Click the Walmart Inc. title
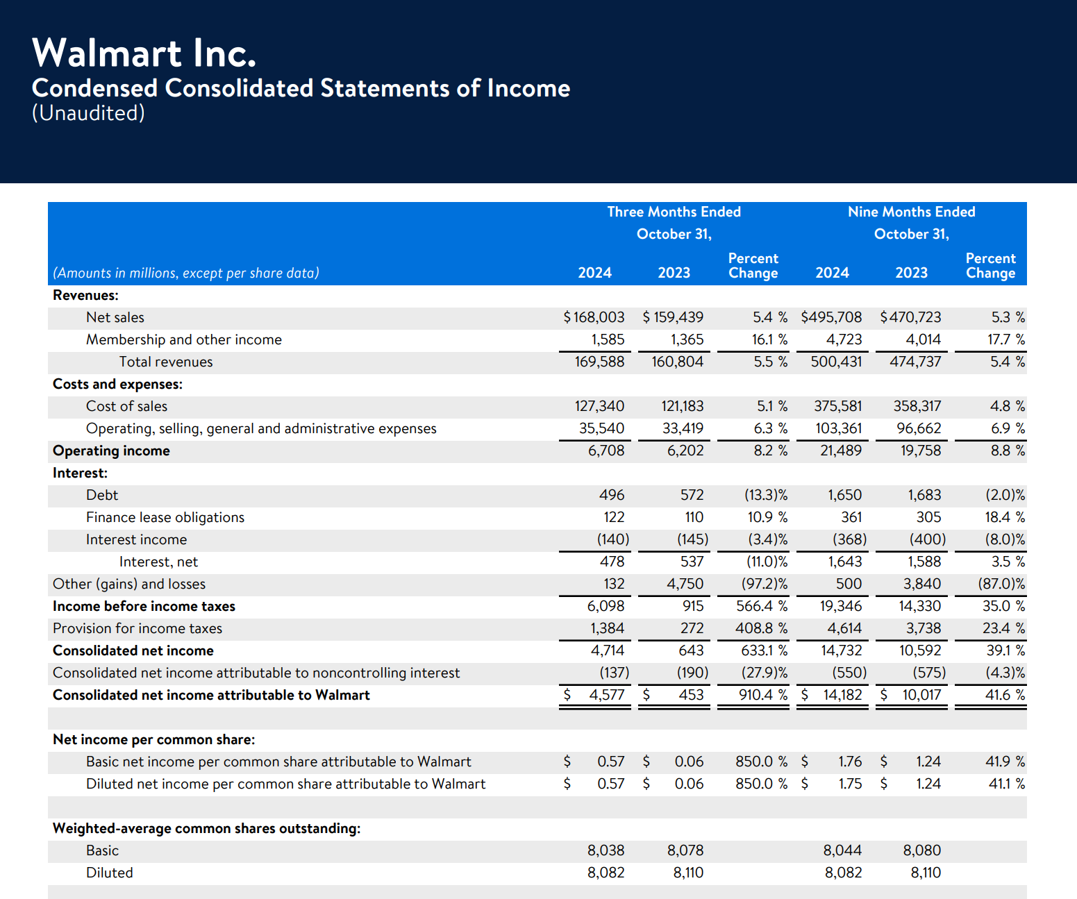[144, 53]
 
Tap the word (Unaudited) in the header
[88, 113]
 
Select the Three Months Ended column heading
[674, 212]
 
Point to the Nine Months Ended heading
[912, 212]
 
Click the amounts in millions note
[186, 273]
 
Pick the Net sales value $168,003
[594, 317]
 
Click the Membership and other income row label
[184, 339]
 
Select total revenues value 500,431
[836, 362]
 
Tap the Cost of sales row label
[127, 406]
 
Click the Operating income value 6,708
[606, 451]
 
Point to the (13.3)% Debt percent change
[765, 495]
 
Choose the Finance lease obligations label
[165, 517]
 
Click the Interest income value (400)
[928, 539]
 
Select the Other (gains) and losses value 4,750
[685, 584]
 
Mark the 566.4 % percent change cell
[762, 606]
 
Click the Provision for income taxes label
[137, 628]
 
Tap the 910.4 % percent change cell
[763, 695]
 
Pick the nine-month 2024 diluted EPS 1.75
[850, 784]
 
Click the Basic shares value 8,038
[606, 850]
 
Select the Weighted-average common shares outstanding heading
[207, 828]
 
